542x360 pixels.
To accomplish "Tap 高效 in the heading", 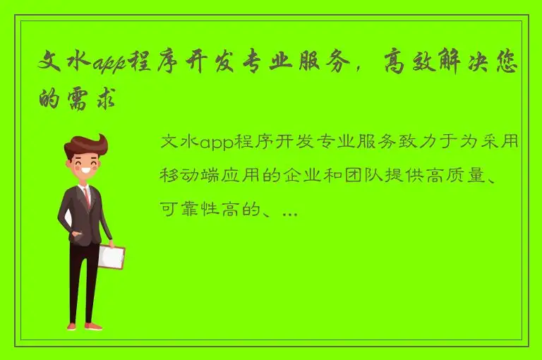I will (408, 66).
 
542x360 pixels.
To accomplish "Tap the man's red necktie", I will (88, 197).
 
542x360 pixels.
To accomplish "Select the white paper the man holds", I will (111, 257).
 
